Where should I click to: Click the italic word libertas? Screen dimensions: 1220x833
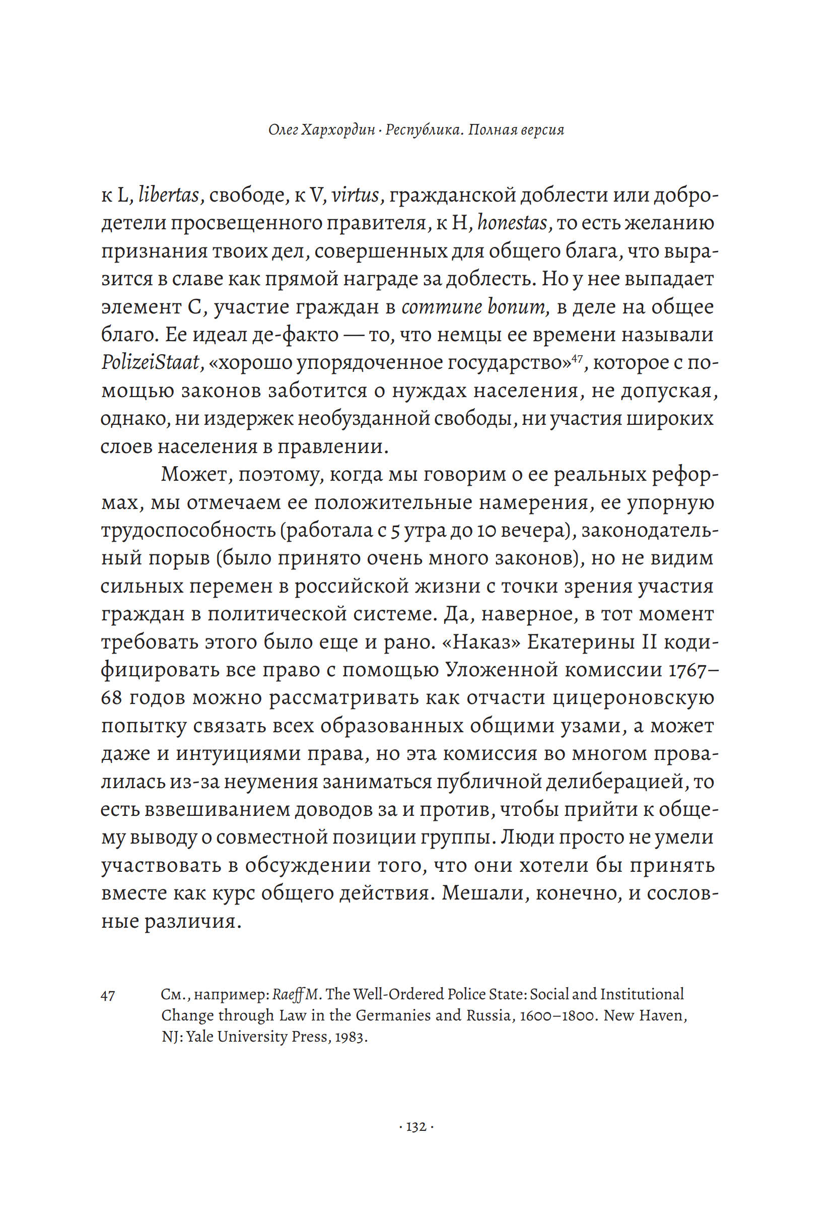[x=168, y=196]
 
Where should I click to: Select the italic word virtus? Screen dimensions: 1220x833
[x=355, y=196]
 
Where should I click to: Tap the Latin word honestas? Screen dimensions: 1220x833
[x=513, y=223]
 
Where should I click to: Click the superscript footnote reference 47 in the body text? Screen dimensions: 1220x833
[x=577, y=357]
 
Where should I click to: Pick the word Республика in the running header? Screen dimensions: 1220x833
[x=424, y=130]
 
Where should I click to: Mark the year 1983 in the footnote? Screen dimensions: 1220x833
[x=351, y=1037]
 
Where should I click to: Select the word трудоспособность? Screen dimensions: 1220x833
[x=188, y=531]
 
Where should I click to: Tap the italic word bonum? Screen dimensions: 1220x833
[x=517, y=307]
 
